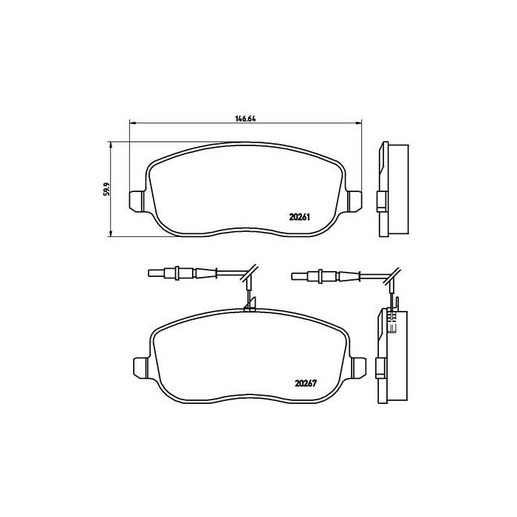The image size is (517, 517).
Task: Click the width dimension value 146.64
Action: (x=245, y=117)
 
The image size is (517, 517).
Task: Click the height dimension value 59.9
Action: (x=106, y=189)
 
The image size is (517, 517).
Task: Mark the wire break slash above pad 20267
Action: (x=250, y=271)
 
